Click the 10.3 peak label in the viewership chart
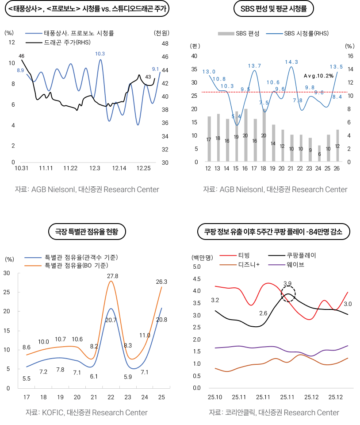pos(100,54)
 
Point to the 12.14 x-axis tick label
pos(119,168)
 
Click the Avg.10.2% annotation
pos(318,76)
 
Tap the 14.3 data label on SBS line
pos(291,62)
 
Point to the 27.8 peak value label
pos(113,276)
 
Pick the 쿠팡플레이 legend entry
pos(301,255)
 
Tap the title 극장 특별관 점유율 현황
pos(87,231)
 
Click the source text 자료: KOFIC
pos(87,413)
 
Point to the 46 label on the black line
pos(21,56)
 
